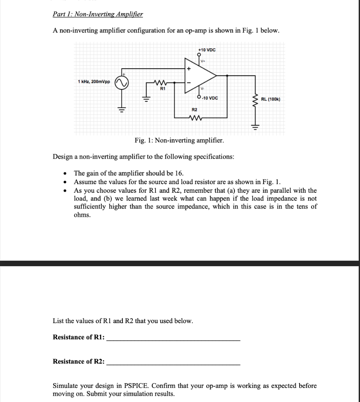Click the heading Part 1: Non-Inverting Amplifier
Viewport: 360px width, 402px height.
pyautogui.click(x=98, y=15)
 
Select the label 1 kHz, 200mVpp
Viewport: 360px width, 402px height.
pyautogui.click(x=94, y=81)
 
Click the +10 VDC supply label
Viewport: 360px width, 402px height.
pyautogui.click(x=206, y=50)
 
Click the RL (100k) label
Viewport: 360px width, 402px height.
pyautogui.click(x=270, y=99)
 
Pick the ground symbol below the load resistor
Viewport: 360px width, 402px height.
pyautogui.click(x=256, y=126)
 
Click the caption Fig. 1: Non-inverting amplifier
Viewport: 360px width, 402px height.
pyautogui.click(x=179, y=141)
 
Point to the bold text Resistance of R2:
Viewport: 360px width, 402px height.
pyautogui.click(x=79, y=361)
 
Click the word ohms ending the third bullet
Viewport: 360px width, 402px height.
pyautogui.click(x=82, y=215)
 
